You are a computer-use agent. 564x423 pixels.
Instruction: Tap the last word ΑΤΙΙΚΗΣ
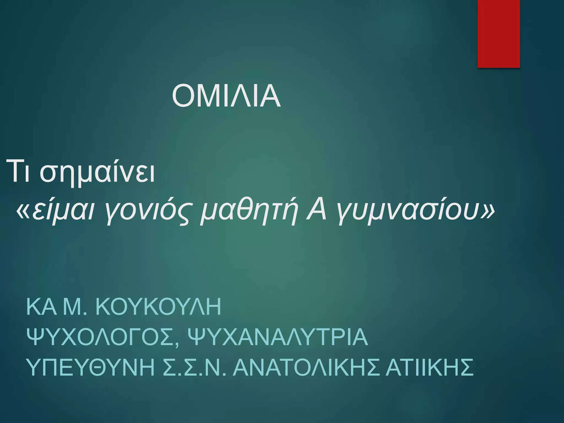(430, 367)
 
